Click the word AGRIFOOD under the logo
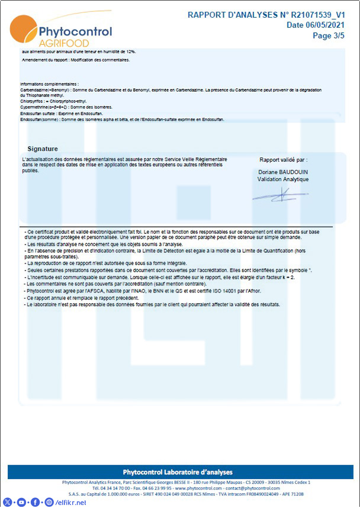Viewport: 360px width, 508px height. tap(63, 44)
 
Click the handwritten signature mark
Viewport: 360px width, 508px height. tap(280, 194)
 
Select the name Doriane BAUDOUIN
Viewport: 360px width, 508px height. tap(283, 172)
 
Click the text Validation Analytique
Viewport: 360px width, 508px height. tap(283, 179)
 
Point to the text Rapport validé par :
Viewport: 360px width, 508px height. tap(284, 160)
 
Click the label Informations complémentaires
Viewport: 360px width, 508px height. tap(49, 85)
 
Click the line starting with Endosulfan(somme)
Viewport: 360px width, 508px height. tap(118, 120)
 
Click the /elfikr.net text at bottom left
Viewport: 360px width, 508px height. tap(70, 502)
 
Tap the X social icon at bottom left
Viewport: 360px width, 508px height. tap(8, 502)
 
